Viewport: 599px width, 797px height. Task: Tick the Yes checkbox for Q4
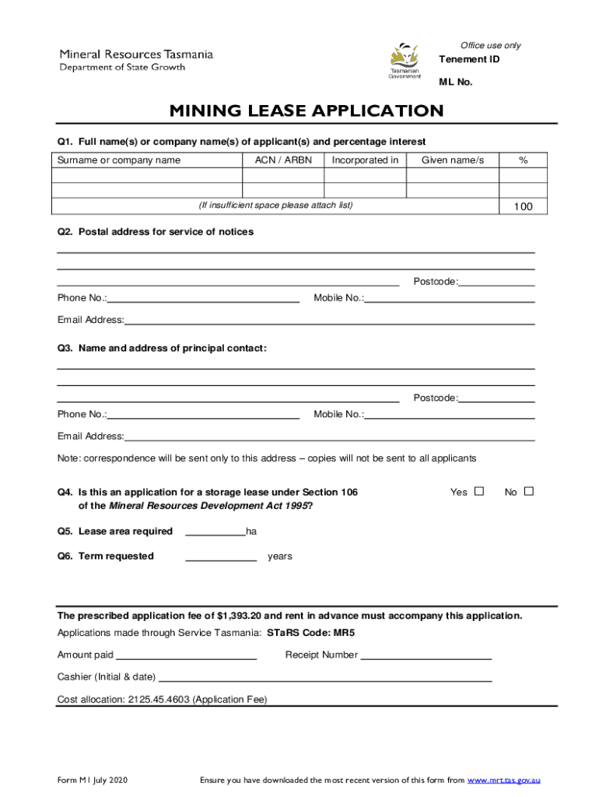tap(479, 491)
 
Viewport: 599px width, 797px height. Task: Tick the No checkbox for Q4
tap(529, 491)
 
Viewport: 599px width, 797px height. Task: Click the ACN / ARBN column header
tap(282, 160)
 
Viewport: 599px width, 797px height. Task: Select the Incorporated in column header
tap(365, 160)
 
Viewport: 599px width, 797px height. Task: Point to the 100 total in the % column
tap(523, 206)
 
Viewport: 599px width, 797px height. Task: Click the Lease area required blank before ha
tap(215, 531)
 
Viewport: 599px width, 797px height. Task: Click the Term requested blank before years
tap(221, 556)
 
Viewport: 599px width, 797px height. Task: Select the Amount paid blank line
tap(186, 655)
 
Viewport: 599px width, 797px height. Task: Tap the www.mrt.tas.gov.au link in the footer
tap(503, 780)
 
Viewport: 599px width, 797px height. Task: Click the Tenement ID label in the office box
tap(469, 60)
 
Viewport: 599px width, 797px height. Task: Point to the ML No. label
tap(455, 82)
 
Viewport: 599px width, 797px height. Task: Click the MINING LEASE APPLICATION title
tap(307, 111)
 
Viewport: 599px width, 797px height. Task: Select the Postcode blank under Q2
tap(496, 282)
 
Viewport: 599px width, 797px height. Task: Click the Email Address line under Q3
tap(329, 436)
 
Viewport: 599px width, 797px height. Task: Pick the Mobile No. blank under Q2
tap(450, 297)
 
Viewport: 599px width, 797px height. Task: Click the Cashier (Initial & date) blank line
tap(325, 676)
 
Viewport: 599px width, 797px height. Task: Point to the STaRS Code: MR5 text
tap(311, 633)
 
